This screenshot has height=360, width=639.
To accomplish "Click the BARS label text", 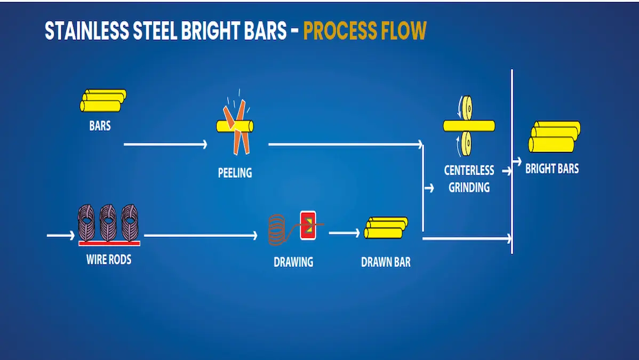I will click(100, 127).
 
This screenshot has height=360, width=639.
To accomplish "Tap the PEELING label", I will click(235, 173).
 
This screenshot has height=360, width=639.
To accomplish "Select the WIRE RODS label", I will click(109, 260).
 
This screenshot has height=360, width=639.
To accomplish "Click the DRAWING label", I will click(293, 262).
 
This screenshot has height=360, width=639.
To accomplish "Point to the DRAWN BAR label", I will click(386, 262).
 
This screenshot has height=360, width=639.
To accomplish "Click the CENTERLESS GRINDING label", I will click(469, 179).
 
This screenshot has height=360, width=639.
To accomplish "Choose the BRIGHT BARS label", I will click(552, 169).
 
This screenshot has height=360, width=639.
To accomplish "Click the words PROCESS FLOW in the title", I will click(365, 32).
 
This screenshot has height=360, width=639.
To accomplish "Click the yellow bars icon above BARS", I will click(103, 100).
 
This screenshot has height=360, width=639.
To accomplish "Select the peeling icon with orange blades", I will click(235, 126).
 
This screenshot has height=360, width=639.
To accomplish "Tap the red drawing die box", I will click(308, 225).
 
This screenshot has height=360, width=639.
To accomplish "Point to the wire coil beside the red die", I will click(276, 229).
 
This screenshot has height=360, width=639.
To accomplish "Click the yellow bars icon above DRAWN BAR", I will click(386, 228).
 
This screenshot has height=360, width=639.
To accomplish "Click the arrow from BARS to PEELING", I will click(165, 145).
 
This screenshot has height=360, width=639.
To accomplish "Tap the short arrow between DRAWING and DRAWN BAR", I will click(345, 233).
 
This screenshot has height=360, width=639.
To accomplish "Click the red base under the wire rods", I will click(109, 243).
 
